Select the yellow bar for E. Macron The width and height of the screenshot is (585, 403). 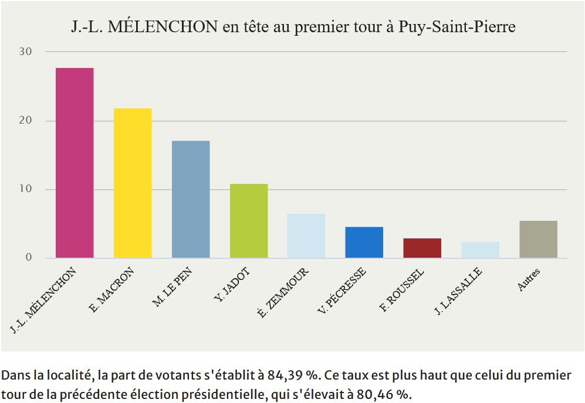tap(133, 183)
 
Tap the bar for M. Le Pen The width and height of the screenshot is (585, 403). tap(191, 199)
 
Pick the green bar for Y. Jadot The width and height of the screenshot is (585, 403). tap(249, 221)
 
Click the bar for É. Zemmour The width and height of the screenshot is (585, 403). tap(306, 235)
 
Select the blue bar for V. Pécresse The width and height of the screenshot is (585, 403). tap(364, 243)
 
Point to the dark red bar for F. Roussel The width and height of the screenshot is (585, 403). tap(422, 248)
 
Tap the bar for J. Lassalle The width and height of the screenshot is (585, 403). tap(480, 250)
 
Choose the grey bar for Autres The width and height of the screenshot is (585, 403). tap(538, 239)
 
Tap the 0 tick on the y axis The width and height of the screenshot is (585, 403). tap(28, 258)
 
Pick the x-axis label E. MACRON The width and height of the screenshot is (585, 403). tap(113, 289)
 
